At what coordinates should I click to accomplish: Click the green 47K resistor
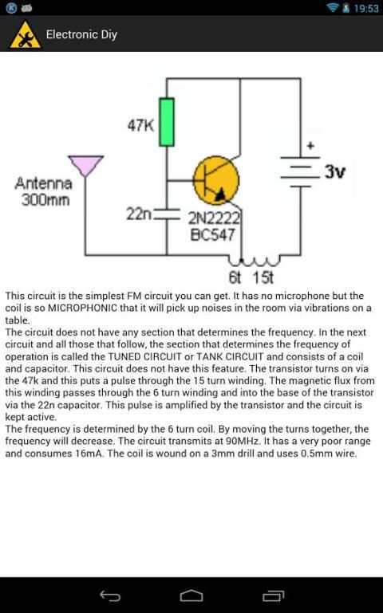167,122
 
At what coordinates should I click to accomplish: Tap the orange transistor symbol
216,180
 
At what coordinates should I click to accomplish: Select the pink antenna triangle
85,166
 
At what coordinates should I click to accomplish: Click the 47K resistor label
140,125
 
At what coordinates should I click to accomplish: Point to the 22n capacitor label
139,214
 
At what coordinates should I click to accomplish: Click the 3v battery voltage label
335,171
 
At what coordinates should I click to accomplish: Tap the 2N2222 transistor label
214,218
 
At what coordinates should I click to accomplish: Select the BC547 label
212,234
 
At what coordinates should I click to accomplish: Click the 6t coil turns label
235,277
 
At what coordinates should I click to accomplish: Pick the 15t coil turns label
263,277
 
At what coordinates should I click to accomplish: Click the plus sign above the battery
310,146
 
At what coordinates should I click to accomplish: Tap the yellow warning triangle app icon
25,35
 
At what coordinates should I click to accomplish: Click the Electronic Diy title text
81,34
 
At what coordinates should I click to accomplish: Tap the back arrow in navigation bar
110,595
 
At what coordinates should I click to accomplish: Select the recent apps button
273,595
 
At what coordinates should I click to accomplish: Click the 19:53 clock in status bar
366,8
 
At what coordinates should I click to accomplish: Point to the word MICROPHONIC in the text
82,308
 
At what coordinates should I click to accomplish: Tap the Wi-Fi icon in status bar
333,7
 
